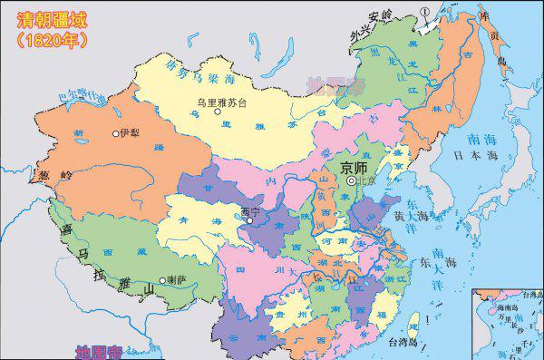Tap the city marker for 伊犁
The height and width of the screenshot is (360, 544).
(115, 133)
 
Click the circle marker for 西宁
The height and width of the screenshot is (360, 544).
(249, 219)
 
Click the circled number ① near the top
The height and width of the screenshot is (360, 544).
(423, 10)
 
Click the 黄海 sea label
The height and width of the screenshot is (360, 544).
(405, 215)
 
